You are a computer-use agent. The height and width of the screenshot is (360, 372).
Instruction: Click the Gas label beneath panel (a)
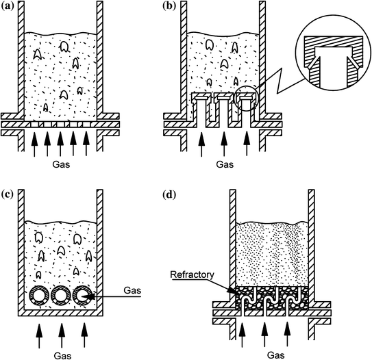(x=60, y=165)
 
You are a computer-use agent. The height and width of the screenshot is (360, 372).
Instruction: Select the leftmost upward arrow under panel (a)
(x=34, y=145)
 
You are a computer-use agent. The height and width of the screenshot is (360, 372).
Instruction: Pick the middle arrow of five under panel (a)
(x=60, y=145)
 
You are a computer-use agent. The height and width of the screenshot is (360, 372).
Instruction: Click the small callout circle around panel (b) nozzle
(x=247, y=101)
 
